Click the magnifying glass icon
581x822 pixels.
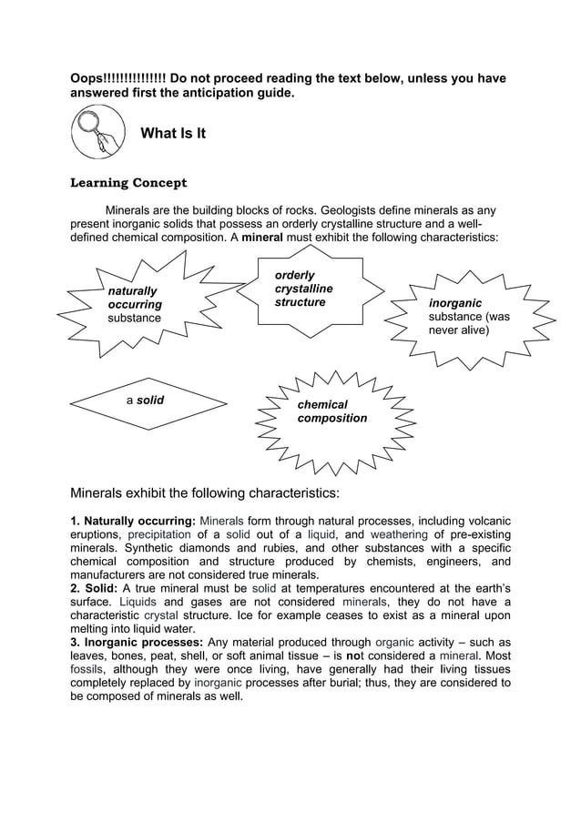coord(97,133)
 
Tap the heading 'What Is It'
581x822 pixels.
coord(173,134)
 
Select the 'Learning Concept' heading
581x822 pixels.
coord(128,183)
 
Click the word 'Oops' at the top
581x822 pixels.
coord(87,78)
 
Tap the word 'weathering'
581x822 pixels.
coord(403,534)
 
